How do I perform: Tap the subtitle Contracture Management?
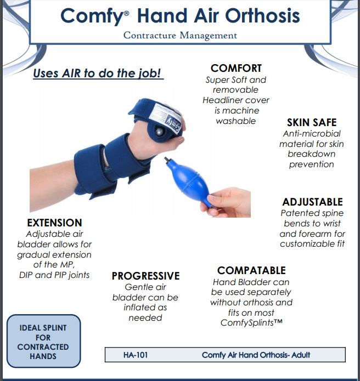coord(180,36)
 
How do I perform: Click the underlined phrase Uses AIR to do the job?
coord(98,73)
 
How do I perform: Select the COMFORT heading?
coord(236,69)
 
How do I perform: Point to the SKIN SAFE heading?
coord(312,122)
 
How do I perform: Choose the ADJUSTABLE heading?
coord(312,202)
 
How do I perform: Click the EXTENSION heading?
coord(54,223)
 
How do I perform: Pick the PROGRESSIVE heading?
coord(145,276)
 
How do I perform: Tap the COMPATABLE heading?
coord(251,270)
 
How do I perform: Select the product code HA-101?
coord(135,355)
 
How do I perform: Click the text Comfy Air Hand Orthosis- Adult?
coord(256,355)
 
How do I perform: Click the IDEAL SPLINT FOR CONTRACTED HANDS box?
coord(43,342)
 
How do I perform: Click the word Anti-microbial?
coord(312,133)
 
